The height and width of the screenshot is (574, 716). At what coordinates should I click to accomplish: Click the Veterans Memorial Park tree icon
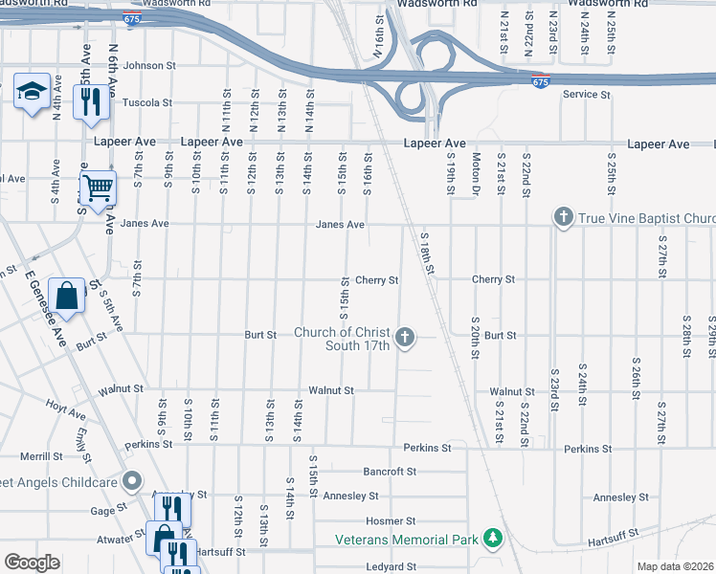pos(493,539)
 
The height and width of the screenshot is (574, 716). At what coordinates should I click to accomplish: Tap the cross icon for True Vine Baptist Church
pos(565,218)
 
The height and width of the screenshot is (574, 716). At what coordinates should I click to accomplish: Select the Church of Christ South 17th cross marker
pos(405,337)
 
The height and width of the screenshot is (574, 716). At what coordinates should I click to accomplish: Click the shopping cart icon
pos(97,188)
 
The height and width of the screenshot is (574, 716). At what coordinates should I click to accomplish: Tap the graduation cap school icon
pos(32,92)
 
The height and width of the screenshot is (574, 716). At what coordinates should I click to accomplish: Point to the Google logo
pos(32,563)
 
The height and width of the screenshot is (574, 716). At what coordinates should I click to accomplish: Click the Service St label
pos(586,95)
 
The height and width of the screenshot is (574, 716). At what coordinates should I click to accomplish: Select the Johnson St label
pos(150,66)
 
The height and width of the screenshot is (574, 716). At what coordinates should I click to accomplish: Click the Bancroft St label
pos(390,472)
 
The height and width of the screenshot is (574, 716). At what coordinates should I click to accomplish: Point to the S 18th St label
pos(427,254)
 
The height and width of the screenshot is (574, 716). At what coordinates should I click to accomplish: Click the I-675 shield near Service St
pos(541,81)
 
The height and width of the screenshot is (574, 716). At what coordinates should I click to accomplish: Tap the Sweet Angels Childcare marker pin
pos(132,481)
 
